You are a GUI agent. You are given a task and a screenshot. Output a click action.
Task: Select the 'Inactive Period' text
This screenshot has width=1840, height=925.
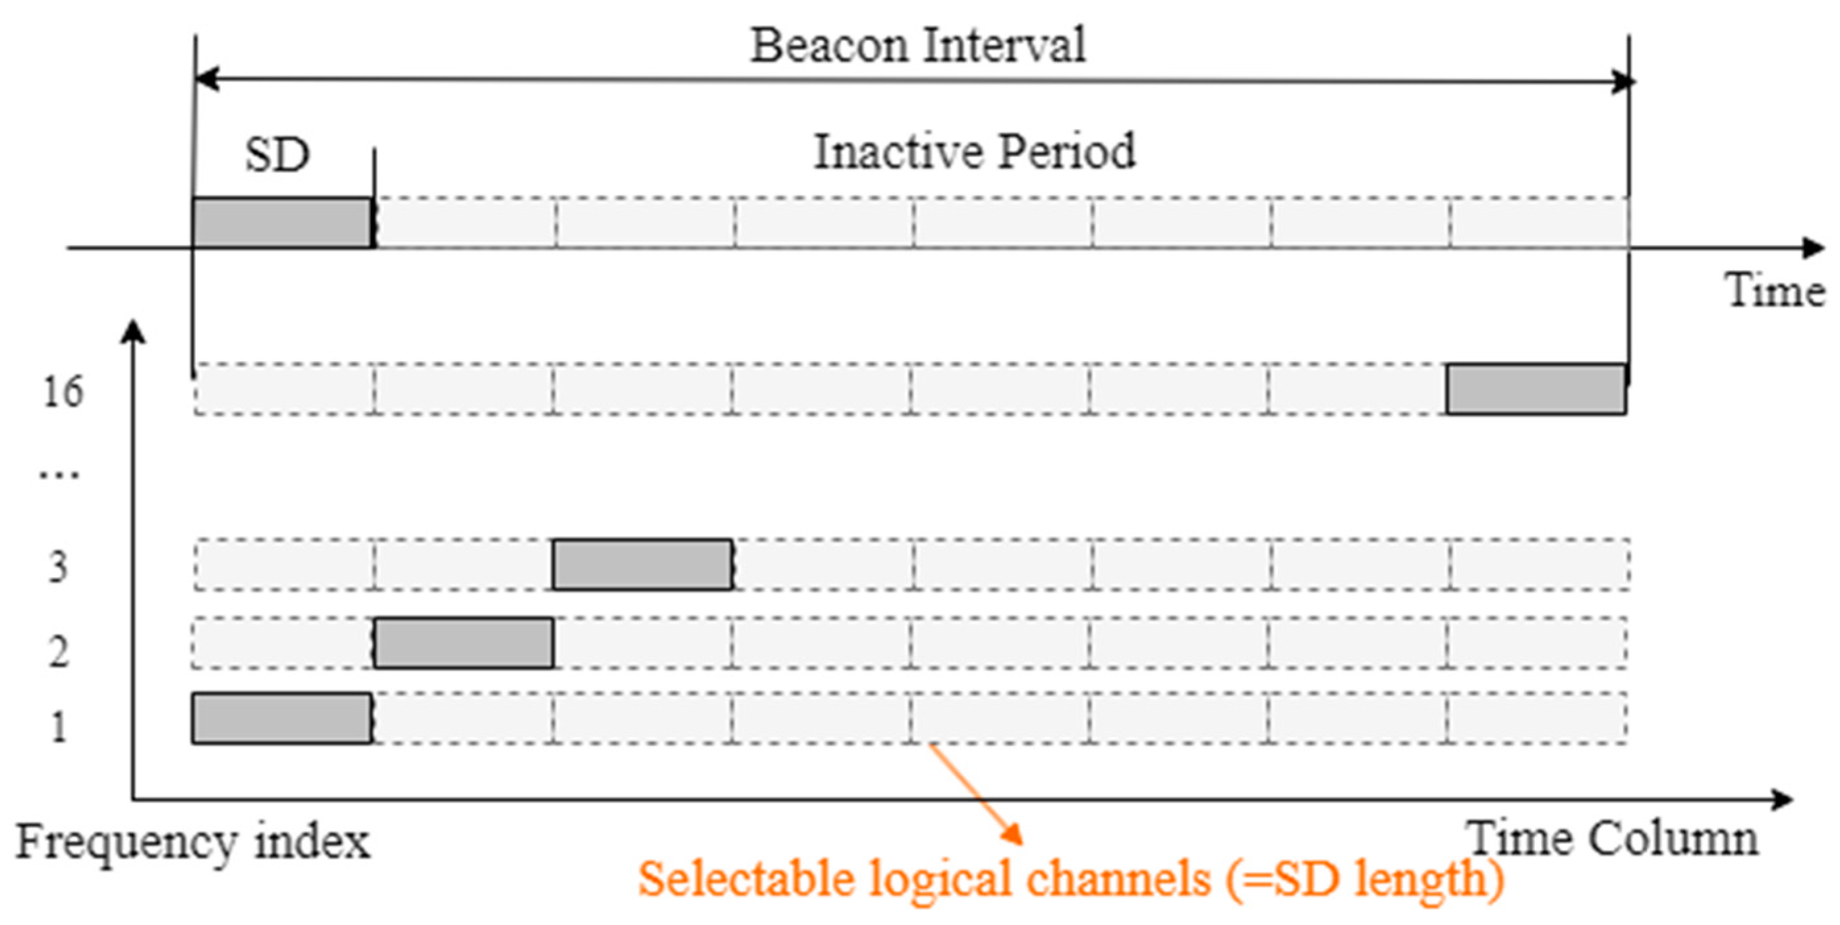pyautogui.click(x=974, y=152)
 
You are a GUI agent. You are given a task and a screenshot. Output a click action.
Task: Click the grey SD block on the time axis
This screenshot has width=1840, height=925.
pyautogui.click(x=282, y=223)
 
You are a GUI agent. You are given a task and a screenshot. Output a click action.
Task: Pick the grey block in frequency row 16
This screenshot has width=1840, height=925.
pyautogui.click(x=1536, y=389)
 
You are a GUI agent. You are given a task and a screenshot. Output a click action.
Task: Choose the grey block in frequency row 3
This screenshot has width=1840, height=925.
pyautogui.click(x=642, y=564)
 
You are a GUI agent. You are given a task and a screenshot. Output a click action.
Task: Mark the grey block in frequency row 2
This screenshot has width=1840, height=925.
pyautogui.click(x=463, y=643)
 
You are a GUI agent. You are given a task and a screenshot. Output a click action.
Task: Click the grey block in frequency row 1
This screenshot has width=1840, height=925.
pyautogui.click(x=281, y=718)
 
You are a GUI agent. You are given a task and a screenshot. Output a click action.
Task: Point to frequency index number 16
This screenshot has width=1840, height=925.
pyautogui.click(x=63, y=391)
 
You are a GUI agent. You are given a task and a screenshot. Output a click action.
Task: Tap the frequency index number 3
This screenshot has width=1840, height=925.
pyautogui.click(x=58, y=567)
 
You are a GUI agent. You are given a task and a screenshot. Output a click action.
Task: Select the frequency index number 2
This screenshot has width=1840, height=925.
pyautogui.click(x=59, y=652)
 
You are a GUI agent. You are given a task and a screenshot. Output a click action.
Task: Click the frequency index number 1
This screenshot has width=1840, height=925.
pyautogui.click(x=59, y=727)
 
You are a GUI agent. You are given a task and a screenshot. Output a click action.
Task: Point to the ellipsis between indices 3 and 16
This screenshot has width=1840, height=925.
pyautogui.click(x=59, y=474)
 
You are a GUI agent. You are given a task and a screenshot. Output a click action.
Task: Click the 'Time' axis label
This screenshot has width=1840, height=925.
pyautogui.click(x=1775, y=291)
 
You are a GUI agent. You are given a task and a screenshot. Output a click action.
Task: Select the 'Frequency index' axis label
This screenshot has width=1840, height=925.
pyautogui.click(x=193, y=841)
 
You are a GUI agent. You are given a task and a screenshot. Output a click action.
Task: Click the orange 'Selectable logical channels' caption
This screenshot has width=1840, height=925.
pyautogui.click(x=1071, y=880)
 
